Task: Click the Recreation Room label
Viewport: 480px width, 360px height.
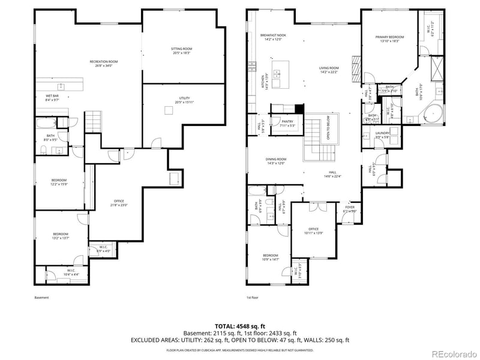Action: tap(103, 62)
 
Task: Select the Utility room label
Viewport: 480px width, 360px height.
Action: tap(184, 98)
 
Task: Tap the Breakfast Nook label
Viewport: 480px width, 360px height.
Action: tap(273, 35)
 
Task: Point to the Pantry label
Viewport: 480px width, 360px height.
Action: tap(287, 121)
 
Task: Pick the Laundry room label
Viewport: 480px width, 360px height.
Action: tap(382, 133)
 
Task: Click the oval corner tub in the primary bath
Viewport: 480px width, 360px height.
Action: tap(431, 113)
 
